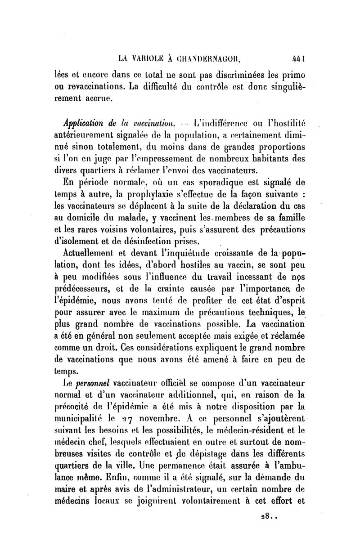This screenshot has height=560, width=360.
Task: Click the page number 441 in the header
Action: (299, 57)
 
